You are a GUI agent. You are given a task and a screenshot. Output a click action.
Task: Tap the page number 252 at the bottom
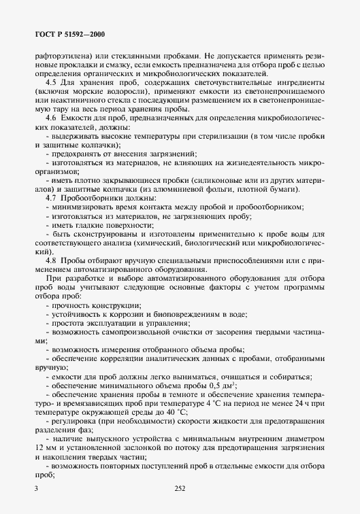[180, 487]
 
